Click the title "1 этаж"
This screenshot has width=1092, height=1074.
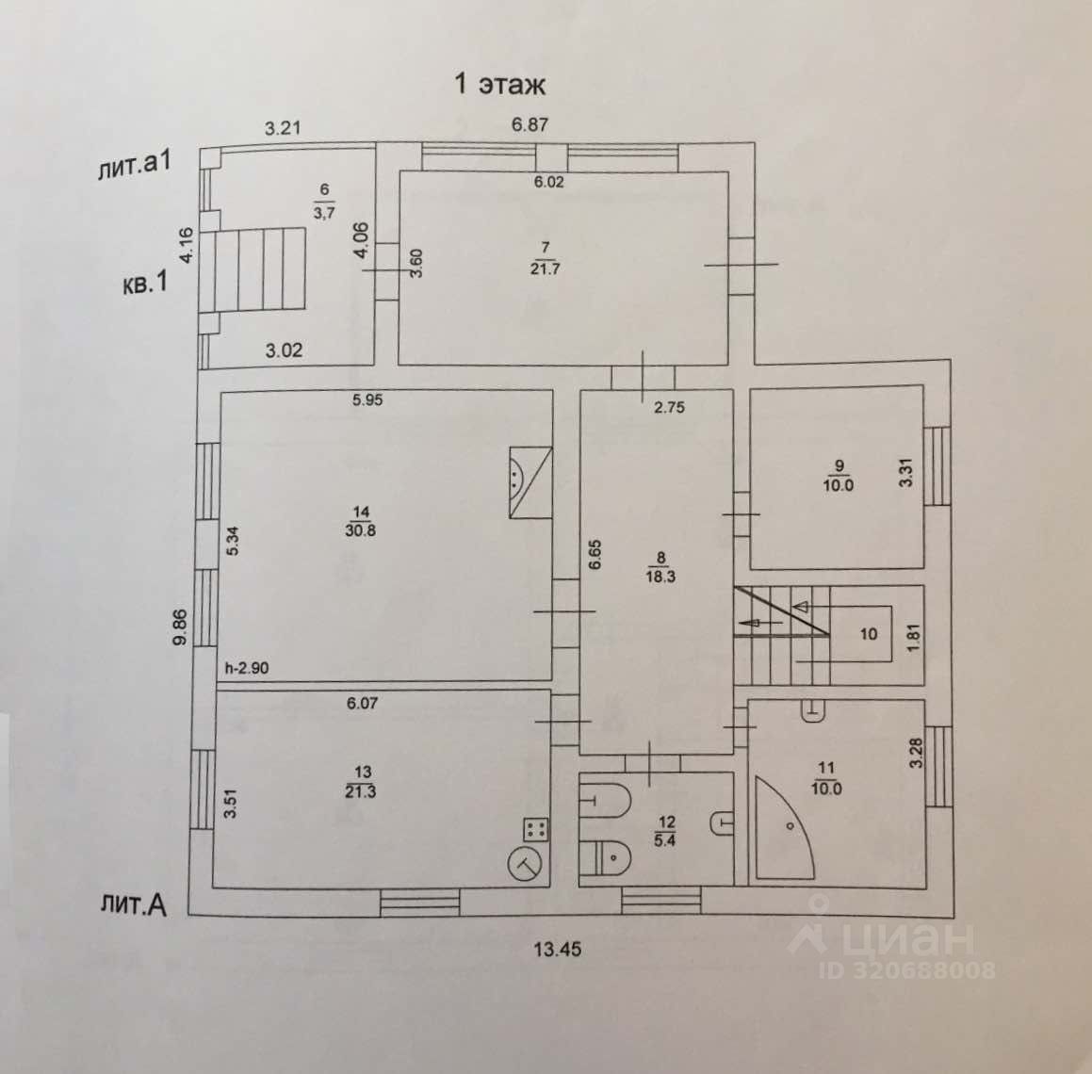499,84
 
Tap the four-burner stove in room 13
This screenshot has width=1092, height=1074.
536,830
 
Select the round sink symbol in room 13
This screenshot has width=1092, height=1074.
526,863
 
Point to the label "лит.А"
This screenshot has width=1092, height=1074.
132,905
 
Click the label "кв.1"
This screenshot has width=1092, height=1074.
144,284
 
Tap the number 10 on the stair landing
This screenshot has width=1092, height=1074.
868,633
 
